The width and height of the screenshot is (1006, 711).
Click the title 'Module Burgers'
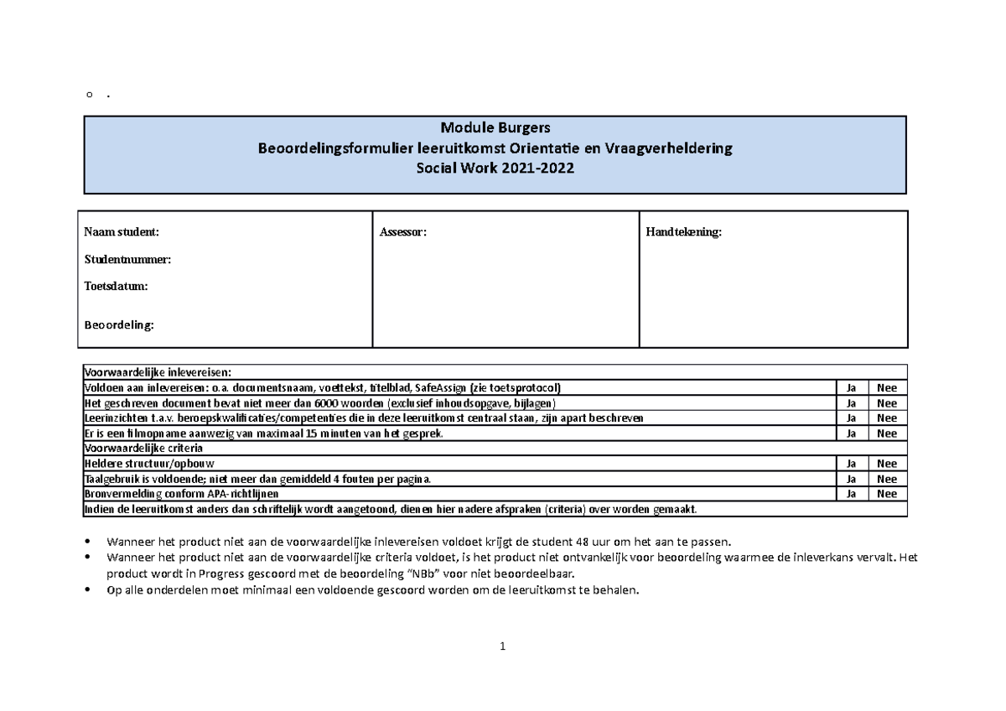click(x=495, y=128)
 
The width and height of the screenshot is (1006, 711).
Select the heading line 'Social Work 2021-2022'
click(x=495, y=168)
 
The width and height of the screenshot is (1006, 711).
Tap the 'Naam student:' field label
click(x=122, y=231)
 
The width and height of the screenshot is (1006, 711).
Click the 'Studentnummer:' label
click(x=127, y=259)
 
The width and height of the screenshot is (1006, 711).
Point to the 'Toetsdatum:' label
click(x=116, y=286)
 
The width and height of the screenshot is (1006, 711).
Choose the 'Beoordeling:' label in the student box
click(x=119, y=325)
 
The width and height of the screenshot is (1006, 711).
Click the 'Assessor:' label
click(x=403, y=231)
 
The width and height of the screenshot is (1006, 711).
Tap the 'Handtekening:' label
click(x=682, y=231)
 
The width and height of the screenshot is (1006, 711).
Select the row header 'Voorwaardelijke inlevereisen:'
click(x=157, y=372)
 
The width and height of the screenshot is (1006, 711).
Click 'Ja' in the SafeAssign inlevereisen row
click(x=851, y=388)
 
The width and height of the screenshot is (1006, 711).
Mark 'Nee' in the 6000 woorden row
click(x=886, y=403)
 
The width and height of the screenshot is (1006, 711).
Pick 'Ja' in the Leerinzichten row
click(x=851, y=418)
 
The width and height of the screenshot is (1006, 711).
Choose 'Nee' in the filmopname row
click(x=886, y=433)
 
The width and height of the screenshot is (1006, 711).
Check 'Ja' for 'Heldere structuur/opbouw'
click(x=851, y=464)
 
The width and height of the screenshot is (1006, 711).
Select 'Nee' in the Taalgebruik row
click(x=886, y=479)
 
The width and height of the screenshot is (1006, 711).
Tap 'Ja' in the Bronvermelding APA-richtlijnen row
click(x=851, y=494)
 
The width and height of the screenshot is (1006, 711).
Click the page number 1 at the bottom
click(x=502, y=646)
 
